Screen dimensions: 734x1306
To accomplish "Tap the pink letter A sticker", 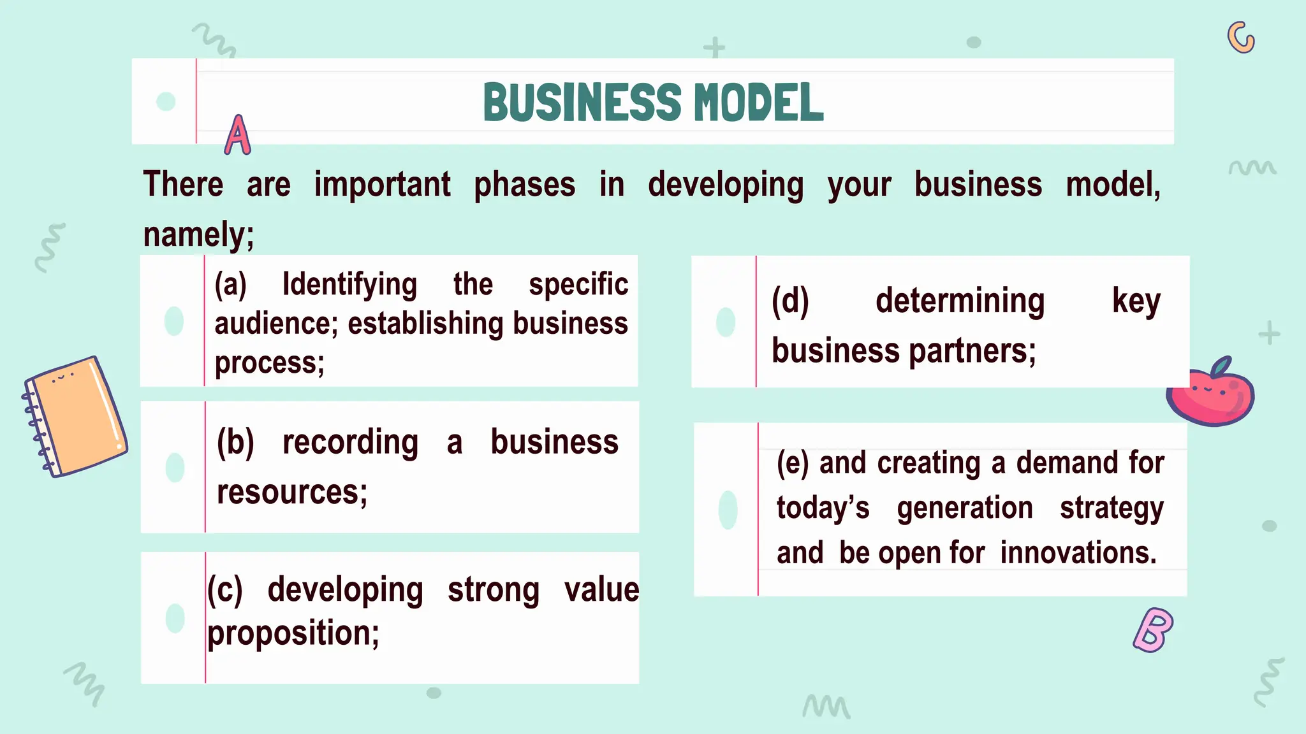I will [x=237, y=136].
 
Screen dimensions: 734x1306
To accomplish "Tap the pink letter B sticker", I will [x=1153, y=630].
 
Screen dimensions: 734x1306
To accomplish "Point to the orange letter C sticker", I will [x=1240, y=38].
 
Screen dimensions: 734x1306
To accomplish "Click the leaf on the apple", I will [x=1221, y=367].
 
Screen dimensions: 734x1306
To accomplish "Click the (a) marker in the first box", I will [x=230, y=284].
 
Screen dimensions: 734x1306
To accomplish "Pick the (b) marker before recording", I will [x=235, y=442].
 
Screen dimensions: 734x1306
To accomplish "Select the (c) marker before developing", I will [x=224, y=590].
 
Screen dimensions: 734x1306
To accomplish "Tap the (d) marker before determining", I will [x=790, y=301].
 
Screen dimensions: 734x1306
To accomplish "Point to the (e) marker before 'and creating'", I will [x=792, y=463].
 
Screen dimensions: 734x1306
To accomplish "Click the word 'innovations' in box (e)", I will [x=1078, y=552].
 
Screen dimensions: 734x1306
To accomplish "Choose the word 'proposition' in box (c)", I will [x=293, y=633].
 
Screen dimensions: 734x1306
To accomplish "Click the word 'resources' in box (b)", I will [x=291, y=493].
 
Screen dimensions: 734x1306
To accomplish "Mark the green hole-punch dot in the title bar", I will [x=166, y=101].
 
